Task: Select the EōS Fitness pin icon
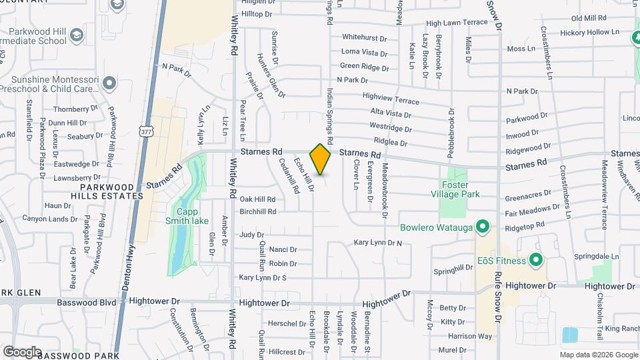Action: [535, 259]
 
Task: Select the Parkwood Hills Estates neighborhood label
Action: [107, 191]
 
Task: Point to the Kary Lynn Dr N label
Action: [378, 243]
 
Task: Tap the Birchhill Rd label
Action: [257, 211]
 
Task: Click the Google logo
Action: [22, 351]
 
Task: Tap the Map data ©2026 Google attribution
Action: [598, 355]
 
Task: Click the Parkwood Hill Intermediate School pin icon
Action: [77, 34]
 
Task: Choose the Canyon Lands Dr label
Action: [50, 219]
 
